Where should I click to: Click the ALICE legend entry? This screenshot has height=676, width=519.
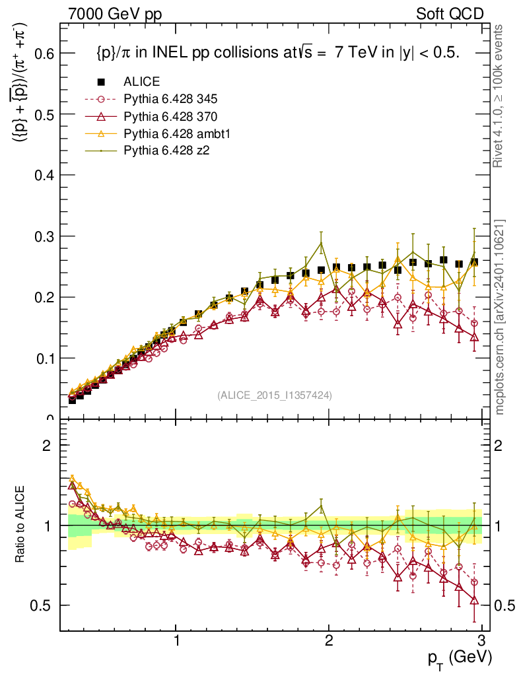[x=141, y=82]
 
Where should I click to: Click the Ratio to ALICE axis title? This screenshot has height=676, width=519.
[x=21, y=525]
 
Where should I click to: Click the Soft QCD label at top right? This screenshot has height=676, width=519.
[x=450, y=14]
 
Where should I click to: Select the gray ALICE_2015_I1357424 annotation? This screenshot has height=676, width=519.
[x=274, y=395]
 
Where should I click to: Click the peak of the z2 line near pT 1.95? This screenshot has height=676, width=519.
[x=321, y=243]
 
